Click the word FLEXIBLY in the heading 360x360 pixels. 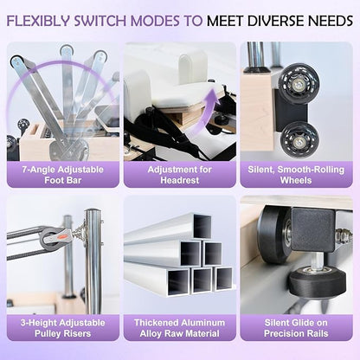[x=38, y=21]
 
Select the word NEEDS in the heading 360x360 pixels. [x=331, y=21]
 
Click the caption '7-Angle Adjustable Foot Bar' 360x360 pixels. [x=63, y=175]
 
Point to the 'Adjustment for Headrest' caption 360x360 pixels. [x=180, y=175]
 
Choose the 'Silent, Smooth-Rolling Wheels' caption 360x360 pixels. [x=296, y=175]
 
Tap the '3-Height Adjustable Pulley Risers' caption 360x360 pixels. [x=63, y=328]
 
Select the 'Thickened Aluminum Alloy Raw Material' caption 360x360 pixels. [x=180, y=328]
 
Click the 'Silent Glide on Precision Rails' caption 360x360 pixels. [x=296, y=328]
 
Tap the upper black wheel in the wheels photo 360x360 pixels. [x=299, y=80]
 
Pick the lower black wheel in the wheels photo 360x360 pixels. [x=300, y=139]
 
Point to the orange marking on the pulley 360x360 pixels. [x=63, y=236]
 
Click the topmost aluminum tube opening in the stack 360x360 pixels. [x=202, y=227]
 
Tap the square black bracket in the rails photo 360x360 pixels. [x=313, y=229]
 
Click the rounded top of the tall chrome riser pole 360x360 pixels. [x=93, y=211]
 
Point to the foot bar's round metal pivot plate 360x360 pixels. [x=68, y=149]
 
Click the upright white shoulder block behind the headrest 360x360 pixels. [x=192, y=67]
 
